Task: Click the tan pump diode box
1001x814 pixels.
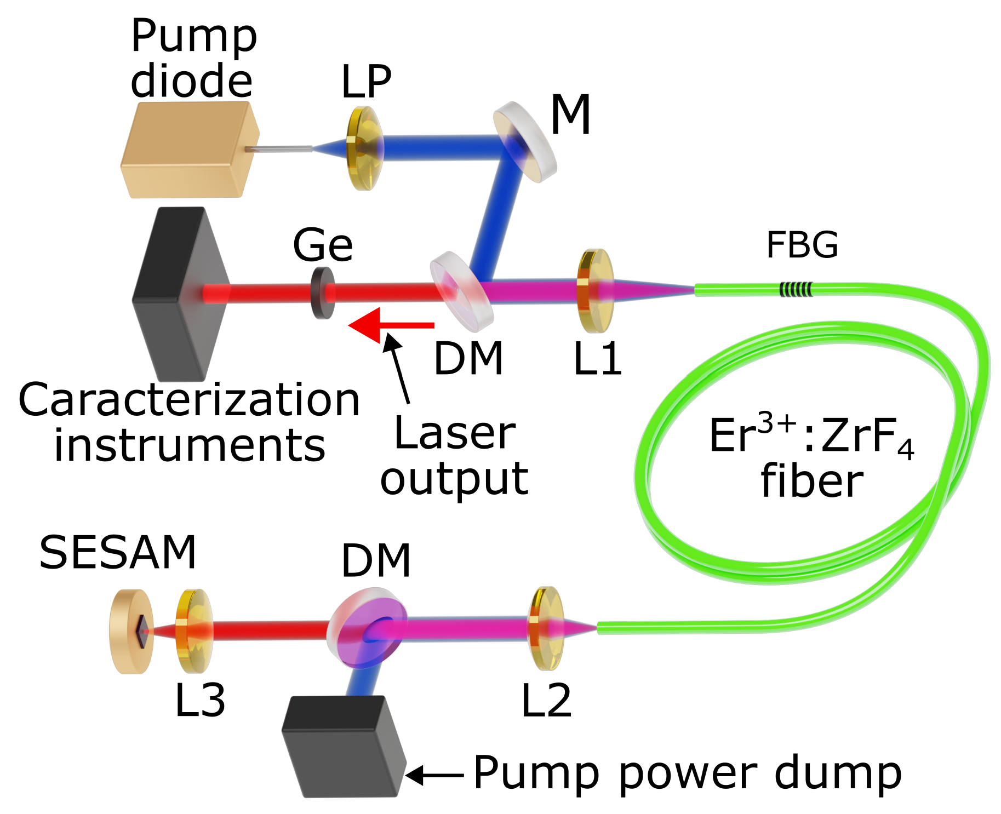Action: click(x=190, y=150)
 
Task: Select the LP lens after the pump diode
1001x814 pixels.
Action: click(x=365, y=148)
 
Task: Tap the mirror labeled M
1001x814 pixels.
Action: click(x=525, y=142)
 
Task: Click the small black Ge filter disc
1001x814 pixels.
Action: click(x=323, y=293)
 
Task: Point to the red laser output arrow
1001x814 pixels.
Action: click(x=391, y=325)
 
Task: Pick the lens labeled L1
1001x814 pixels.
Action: click(x=596, y=291)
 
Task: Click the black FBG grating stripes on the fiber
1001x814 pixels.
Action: click(x=796, y=289)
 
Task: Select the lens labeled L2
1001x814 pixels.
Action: click(x=546, y=628)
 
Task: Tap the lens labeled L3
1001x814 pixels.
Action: click(x=194, y=631)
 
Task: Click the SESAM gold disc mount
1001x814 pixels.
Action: click(x=131, y=632)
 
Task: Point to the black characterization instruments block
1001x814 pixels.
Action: click(x=181, y=294)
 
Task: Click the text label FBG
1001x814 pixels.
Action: click(x=802, y=245)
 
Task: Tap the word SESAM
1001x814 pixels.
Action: click(x=118, y=553)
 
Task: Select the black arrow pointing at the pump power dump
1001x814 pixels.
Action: click(x=434, y=775)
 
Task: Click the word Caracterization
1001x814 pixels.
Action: click(x=190, y=399)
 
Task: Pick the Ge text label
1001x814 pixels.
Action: click(x=323, y=246)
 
